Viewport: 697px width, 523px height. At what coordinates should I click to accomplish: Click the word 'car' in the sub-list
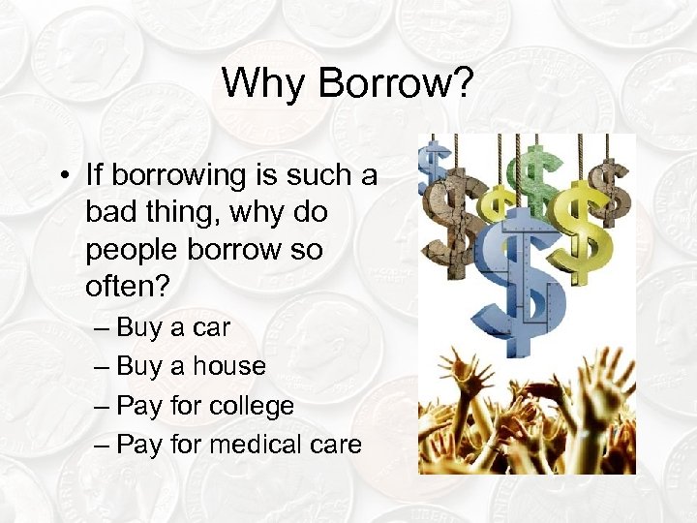211,328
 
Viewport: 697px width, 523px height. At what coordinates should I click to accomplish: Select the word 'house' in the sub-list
228,366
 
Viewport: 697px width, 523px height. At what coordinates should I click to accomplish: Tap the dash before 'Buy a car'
104,328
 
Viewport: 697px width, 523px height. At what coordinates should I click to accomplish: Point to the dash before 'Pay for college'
104,406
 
